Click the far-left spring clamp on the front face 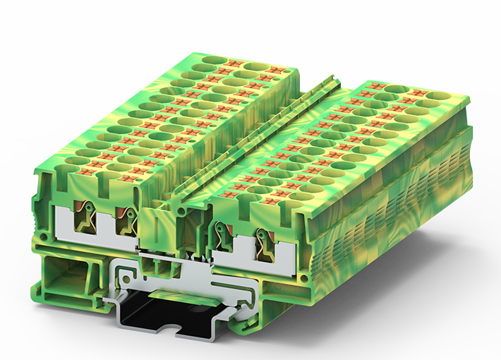click(83, 215)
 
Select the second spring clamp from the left click(127, 221)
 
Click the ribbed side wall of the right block click(395, 212)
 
